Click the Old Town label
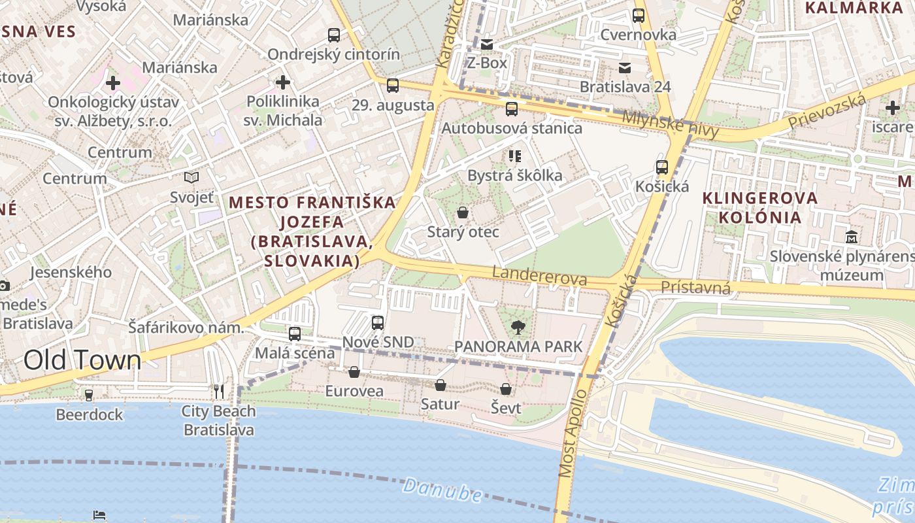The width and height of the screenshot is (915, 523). pyautogui.click(x=82, y=360)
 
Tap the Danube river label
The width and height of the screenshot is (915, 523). pyautogui.click(x=442, y=490)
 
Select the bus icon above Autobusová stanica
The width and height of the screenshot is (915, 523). pyautogui.click(x=512, y=109)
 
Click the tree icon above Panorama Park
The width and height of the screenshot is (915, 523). pyautogui.click(x=518, y=327)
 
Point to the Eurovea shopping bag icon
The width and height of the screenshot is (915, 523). pyautogui.click(x=354, y=372)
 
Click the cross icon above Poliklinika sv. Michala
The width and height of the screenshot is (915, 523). pyautogui.click(x=282, y=82)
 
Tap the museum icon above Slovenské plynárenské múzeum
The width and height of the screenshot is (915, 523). pyautogui.click(x=852, y=237)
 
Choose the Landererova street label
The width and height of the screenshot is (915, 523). pyautogui.click(x=539, y=277)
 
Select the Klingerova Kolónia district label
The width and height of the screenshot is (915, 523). pyautogui.click(x=752, y=207)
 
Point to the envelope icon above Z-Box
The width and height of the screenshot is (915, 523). pyautogui.click(x=487, y=44)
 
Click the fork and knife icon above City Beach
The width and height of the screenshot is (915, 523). pyautogui.click(x=219, y=392)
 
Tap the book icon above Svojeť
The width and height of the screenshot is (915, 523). pyautogui.click(x=191, y=177)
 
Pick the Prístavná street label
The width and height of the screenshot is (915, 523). pyautogui.click(x=695, y=287)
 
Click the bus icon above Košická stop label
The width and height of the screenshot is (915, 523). pyautogui.click(x=662, y=167)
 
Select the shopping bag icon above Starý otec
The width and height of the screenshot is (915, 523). pyautogui.click(x=463, y=212)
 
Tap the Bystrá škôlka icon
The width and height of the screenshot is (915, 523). pyautogui.click(x=514, y=156)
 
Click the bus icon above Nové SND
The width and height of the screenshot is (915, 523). pyautogui.click(x=378, y=322)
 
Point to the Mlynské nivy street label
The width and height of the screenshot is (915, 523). pyautogui.click(x=670, y=124)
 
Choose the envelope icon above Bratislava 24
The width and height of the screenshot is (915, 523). pyautogui.click(x=625, y=67)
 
